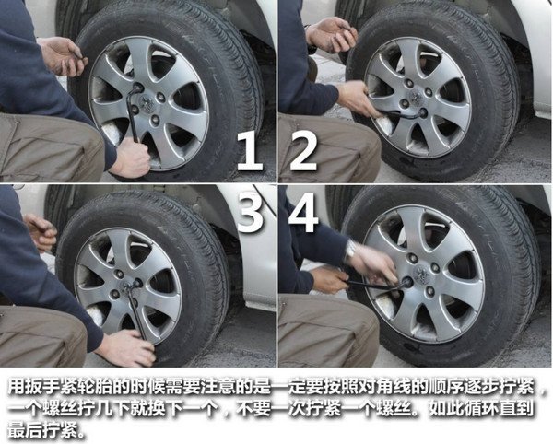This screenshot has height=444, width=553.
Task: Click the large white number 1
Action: coord(250,151)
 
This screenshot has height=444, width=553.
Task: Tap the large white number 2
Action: coord(303,151)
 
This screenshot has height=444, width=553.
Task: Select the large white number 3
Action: coord(250,212)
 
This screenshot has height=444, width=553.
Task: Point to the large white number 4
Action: coord(303,212)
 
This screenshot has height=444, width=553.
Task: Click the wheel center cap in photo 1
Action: coord(147,102)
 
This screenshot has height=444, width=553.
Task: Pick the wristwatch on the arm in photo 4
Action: coord(350,251)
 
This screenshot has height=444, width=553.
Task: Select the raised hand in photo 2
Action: coord(332,34)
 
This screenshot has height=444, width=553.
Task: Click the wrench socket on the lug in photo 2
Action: coord(421,112)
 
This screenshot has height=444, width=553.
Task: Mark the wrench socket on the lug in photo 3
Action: coord(135,283)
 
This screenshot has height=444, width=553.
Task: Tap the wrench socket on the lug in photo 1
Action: coord(137,87)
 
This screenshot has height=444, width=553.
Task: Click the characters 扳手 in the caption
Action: coord(42,388)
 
